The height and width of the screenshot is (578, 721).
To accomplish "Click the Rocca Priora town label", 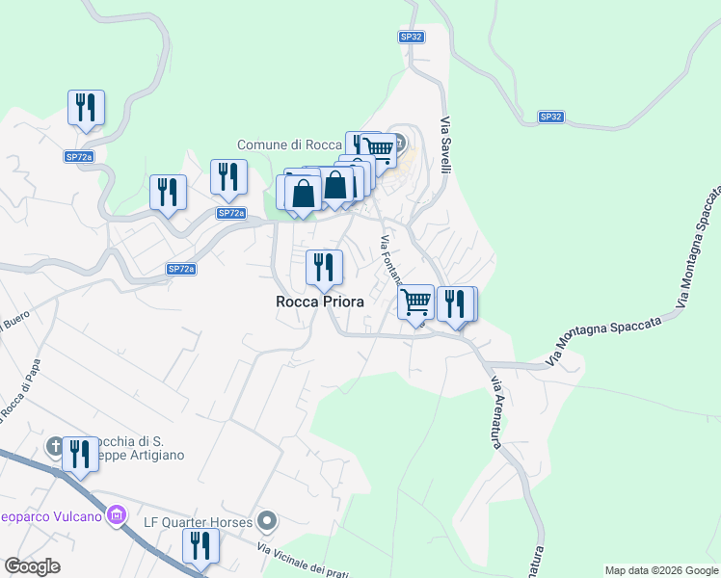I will pos(320,302).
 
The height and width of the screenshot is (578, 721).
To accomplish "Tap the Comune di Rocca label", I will pos(290,144).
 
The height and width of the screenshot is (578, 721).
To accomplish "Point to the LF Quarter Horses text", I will pos(198,522).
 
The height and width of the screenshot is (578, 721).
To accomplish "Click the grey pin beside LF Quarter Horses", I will pos(268,522).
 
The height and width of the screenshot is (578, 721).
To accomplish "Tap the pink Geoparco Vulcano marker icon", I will pos(119,516).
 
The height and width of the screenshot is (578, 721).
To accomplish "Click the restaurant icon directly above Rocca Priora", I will pos(324,266).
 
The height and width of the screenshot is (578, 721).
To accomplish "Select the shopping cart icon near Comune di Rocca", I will pos(379,148).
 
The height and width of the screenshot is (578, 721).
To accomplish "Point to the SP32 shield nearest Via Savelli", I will pos(412,37).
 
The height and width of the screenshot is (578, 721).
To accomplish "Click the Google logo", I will pos(32,566).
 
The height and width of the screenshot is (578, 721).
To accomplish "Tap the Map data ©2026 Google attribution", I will pos(661,570).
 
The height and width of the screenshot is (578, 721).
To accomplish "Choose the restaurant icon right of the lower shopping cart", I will pos(455,302).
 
